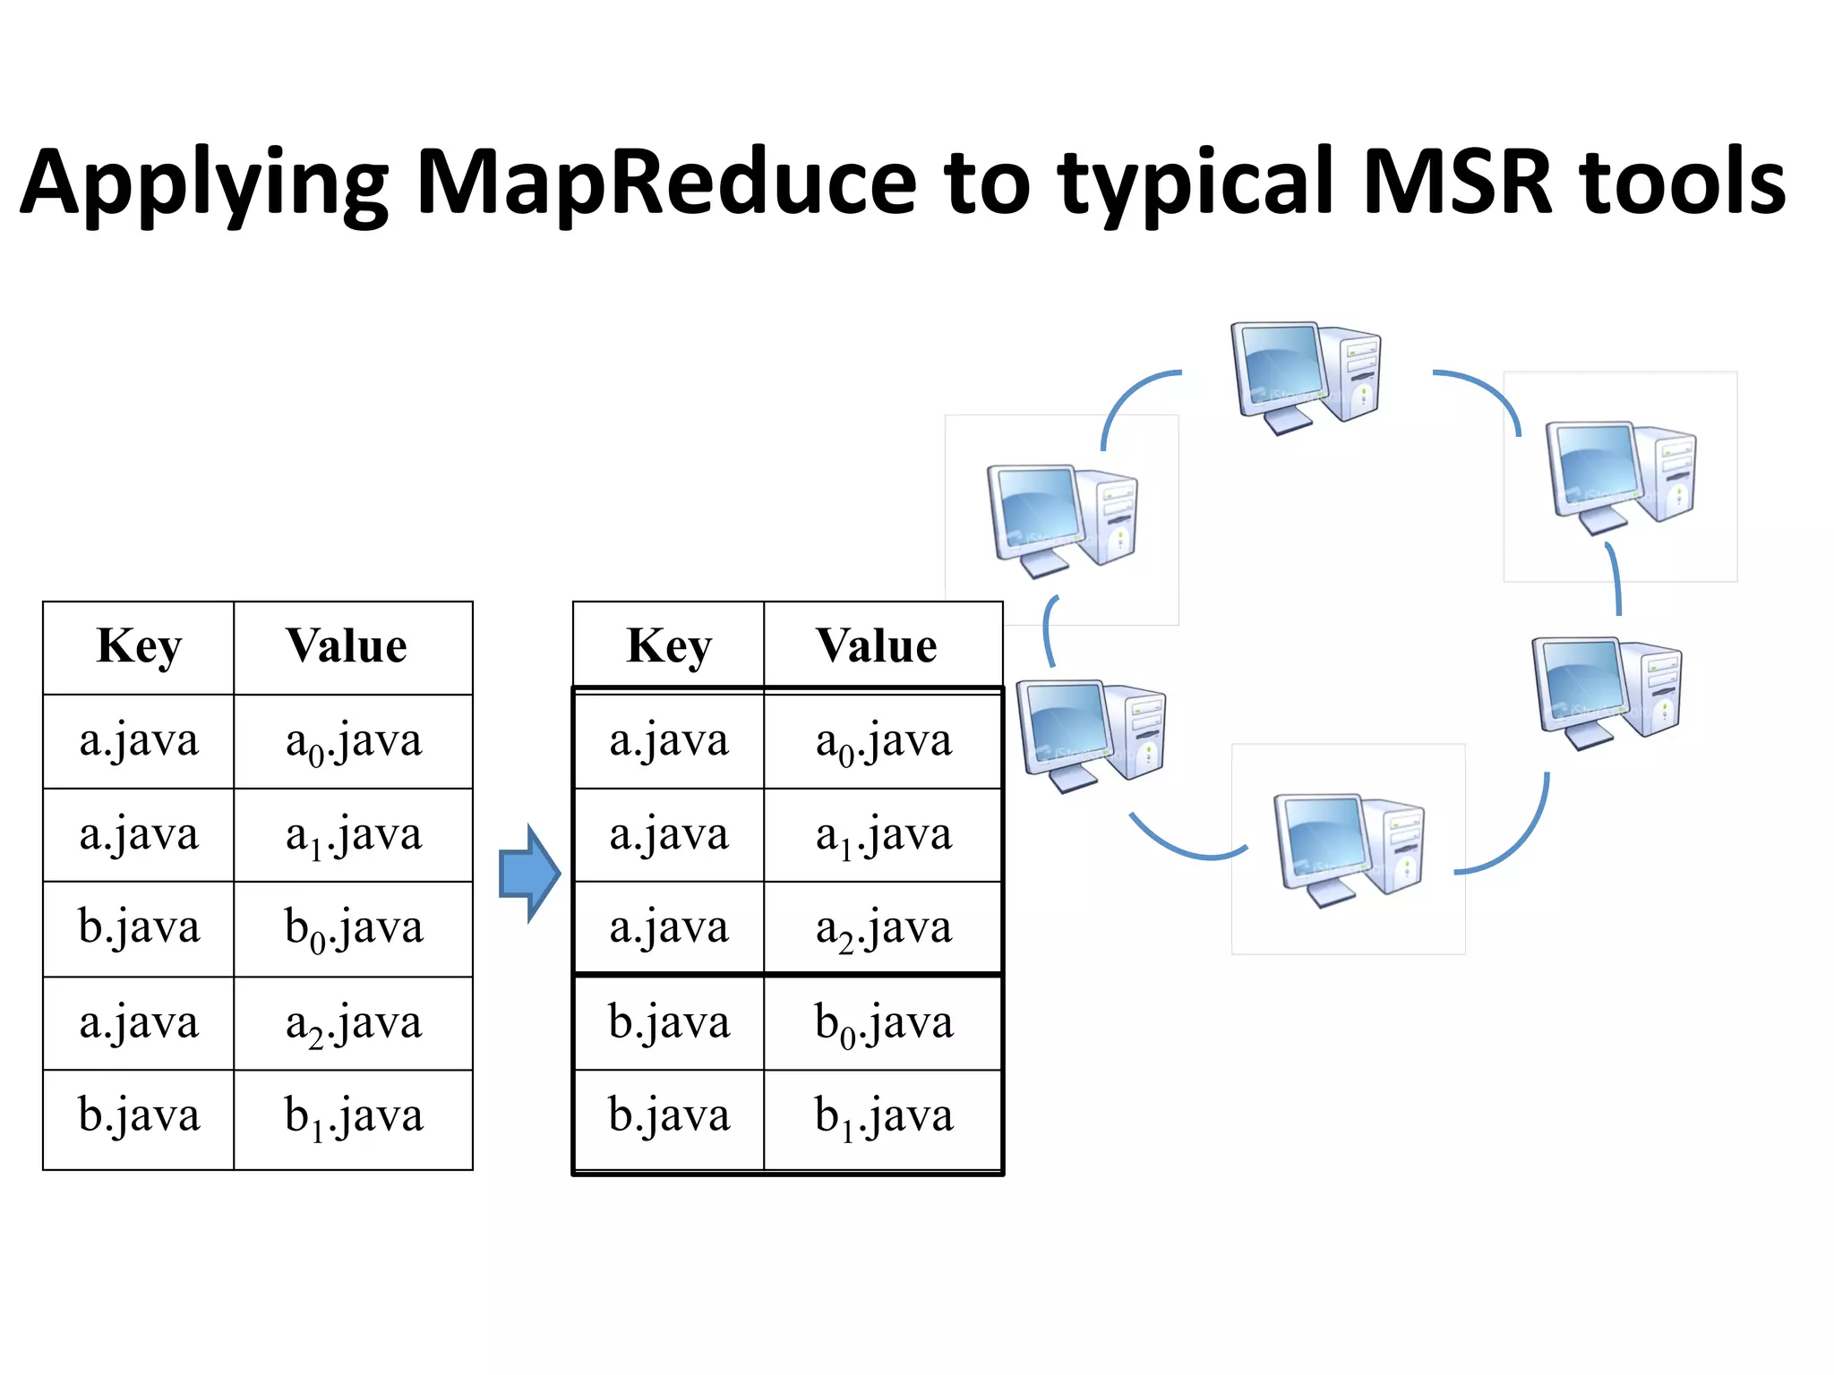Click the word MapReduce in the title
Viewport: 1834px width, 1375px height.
(666, 184)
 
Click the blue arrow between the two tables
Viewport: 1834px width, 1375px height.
(529, 873)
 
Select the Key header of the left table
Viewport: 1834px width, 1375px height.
(139, 646)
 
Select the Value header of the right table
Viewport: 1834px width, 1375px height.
(877, 646)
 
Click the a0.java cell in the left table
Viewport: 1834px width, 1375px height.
(353, 742)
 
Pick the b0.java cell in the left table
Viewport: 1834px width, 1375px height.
(353, 928)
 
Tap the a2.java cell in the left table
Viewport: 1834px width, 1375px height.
(353, 1023)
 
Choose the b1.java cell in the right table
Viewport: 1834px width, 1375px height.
(883, 1117)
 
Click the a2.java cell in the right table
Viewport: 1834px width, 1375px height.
(883, 928)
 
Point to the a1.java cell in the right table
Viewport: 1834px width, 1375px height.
(883, 835)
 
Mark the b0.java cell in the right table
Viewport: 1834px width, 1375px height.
(883, 1023)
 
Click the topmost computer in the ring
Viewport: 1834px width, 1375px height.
(1305, 376)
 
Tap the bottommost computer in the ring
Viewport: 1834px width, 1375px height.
(1348, 849)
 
